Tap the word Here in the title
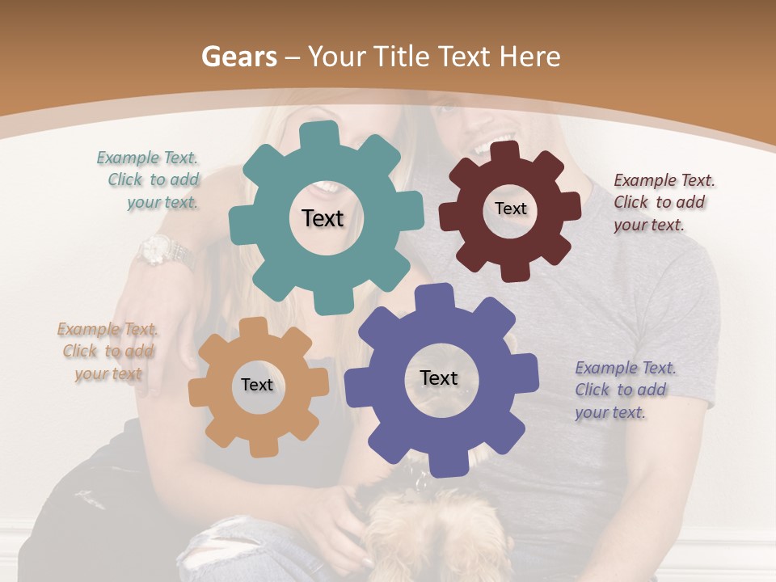(x=529, y=57)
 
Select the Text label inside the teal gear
(x=323, y=218)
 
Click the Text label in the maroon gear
(x=510, y=209)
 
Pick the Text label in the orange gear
(x=257, y=385)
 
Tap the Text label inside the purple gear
(x=439, y=377)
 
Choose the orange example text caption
(x=108, y=352)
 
